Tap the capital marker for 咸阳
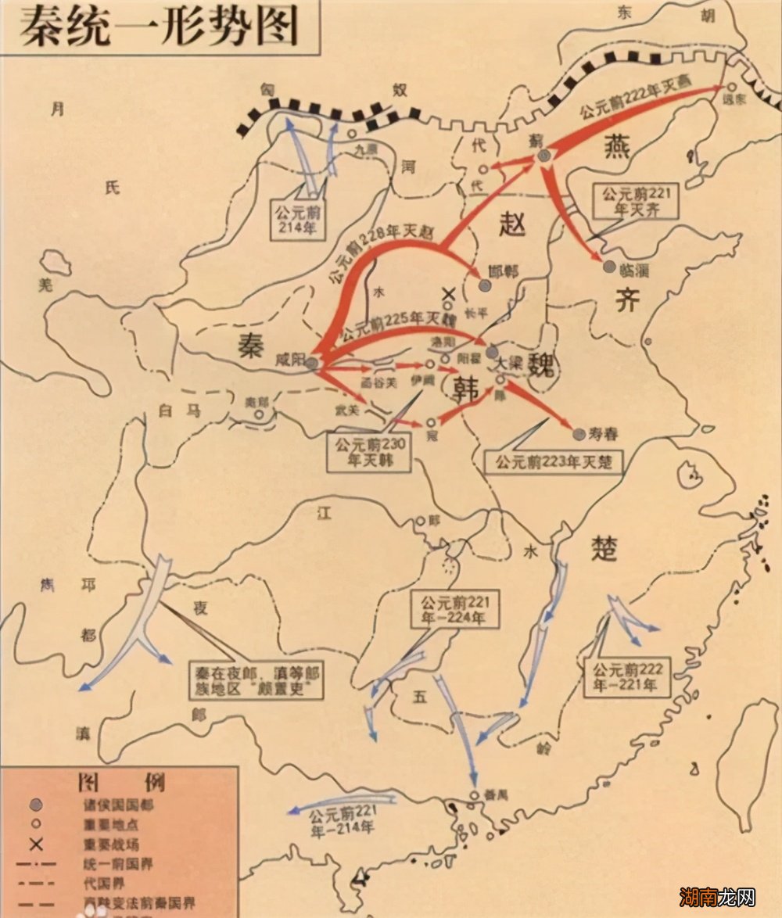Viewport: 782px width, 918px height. [311, 363]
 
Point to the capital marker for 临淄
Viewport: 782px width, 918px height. [609, 267]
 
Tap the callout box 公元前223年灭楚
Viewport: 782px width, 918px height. [552, 461]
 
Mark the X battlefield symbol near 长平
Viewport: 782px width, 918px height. [449, 296]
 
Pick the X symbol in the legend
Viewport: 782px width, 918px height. [35, 844]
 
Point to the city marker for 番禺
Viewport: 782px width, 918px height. [474, 794]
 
